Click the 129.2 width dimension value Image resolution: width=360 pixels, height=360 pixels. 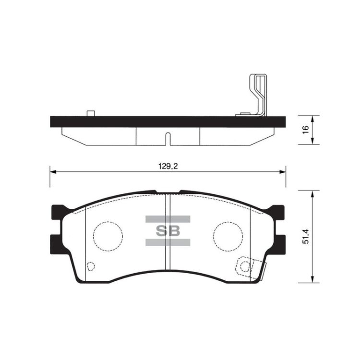click(x=168, y=166)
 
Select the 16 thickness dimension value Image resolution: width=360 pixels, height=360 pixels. click(x=306, y=130)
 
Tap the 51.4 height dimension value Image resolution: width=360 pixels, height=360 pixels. click(x=306, y=236)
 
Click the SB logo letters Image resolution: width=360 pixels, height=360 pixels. click(x=168, y=231)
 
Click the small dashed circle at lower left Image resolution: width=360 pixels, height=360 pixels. click(x=91, y=266)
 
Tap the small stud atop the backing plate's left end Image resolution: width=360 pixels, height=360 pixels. click(x=91, y=113)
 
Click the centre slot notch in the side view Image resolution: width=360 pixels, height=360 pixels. click(x=168, y=139)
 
